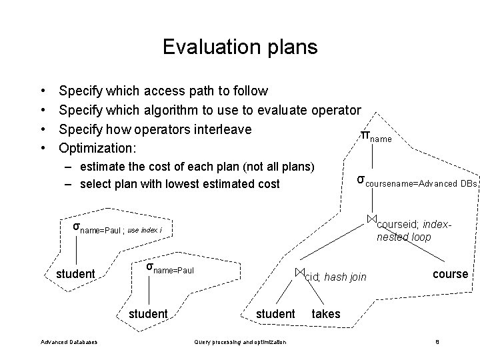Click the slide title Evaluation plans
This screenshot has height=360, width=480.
tap(240, 47)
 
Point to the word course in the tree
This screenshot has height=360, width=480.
tap(451, 274)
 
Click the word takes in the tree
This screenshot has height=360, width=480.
tap(325, 313)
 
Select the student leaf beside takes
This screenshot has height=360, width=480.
tap(275, 313)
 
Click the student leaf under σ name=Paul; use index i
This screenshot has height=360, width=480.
tap(75, 275)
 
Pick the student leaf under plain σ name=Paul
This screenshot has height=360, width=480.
tap(148, 313)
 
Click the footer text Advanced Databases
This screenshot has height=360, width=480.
tap(69, 342)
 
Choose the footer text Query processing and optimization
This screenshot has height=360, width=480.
tap(240, 342)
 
